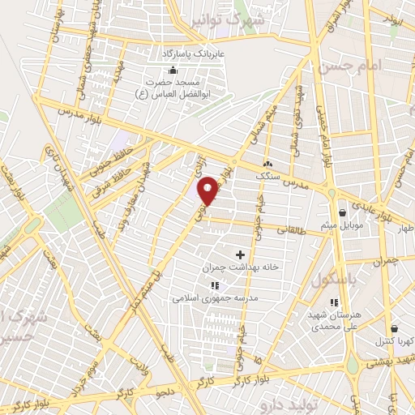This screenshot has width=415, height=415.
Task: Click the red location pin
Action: tap(209, 190)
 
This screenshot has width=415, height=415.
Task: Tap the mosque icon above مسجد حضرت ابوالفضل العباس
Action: tap(173, 71)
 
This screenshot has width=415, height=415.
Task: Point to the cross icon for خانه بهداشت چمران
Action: tap(240, 255)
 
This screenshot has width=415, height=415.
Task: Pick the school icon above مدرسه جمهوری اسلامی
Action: tap(214, 285)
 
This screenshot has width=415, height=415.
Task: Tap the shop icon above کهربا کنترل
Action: tap(394, 329)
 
